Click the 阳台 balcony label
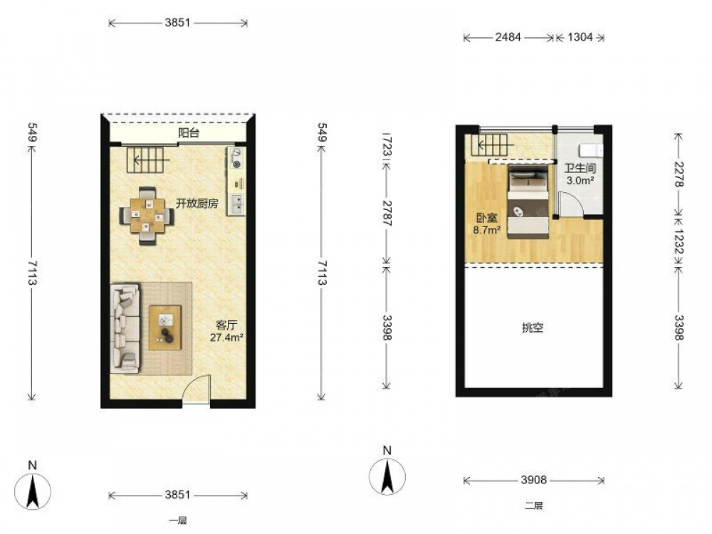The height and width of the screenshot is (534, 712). point(189,133)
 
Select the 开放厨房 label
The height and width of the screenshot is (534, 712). point(197,204)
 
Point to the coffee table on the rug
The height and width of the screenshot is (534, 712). point(165,328)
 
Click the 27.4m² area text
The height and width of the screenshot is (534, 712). point(226,337)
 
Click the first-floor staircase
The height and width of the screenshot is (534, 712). point(147,159)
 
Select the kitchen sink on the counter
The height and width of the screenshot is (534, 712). point(236,204)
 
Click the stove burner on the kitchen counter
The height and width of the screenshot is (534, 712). point(236,159)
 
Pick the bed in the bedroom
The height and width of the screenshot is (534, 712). point(528,202)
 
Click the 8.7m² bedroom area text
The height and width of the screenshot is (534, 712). point(487,230)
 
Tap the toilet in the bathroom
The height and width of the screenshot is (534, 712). point(591,150)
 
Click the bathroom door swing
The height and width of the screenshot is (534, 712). point(570,204)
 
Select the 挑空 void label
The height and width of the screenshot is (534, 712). point(533,328)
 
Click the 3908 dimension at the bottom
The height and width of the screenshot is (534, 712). point(533,480)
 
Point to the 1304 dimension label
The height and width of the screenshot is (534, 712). point(580,37)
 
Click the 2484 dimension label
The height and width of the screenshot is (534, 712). point(508,37)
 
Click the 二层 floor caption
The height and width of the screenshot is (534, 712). point(534,506)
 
